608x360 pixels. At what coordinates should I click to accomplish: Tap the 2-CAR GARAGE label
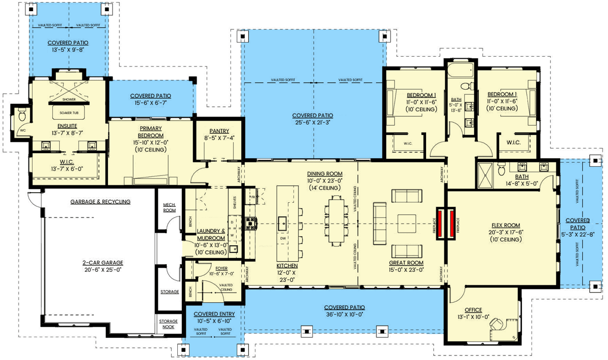103,263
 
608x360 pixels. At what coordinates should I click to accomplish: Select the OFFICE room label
473,310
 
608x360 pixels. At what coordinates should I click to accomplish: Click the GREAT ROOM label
406,263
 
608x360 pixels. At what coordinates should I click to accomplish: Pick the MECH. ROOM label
169,207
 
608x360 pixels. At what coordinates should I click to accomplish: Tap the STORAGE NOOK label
169,324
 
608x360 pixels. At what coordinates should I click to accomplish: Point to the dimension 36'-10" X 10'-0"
345,315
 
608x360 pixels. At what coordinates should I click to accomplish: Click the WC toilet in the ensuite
21,116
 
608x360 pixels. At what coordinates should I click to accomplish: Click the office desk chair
499,322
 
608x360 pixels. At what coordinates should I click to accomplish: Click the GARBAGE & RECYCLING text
100,201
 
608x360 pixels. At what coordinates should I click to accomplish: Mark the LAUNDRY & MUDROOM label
211,234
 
